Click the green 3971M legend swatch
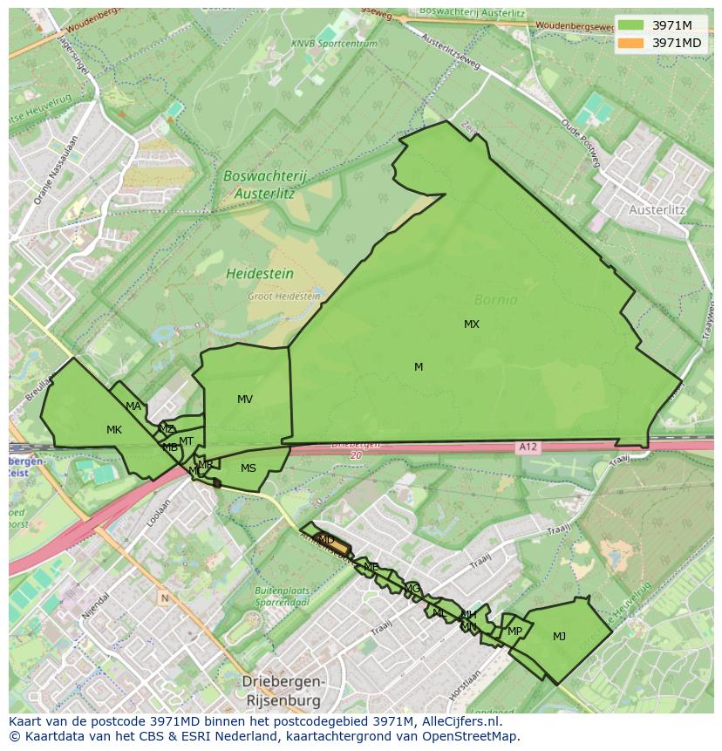click(631, 24)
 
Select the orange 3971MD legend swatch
click(631, 42)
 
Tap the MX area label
click(471, 324)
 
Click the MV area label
click(245, 399)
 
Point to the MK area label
click(114, 430)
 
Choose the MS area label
click(249, 468)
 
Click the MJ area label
click(559, 637)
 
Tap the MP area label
click(514, 632)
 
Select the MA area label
click(133, 406)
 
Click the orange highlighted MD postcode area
click(331, 543)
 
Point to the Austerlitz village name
click(657, 210)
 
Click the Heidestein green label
click(260, 274)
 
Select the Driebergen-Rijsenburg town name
click(283, 691)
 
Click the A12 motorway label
click(528, 447)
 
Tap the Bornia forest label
click(495, 300)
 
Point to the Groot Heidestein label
click(283, 297)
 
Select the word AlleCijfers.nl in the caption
click(461, 721)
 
